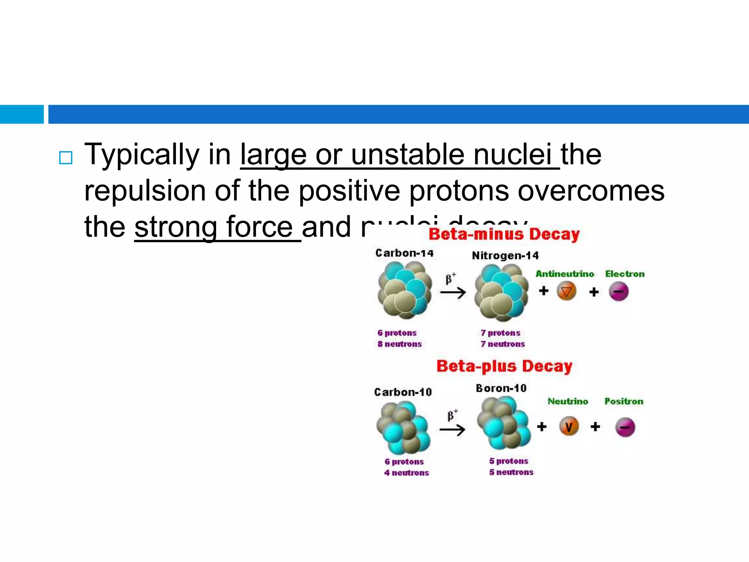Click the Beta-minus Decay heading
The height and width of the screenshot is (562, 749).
[x=504, y=235]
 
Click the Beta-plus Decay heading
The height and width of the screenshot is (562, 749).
[x=504, y=366]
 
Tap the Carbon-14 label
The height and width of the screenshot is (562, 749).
[x=404, y=253]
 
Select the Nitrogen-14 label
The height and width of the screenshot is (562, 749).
[x=505, y=255]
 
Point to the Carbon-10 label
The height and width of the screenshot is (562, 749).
[x=403, y=392]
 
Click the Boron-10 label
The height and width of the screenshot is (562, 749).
[x=501, y=388]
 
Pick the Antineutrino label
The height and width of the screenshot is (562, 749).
[x=564, y=274]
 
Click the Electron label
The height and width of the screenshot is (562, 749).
[x=625, y=274]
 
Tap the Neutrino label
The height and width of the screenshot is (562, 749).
[x=568, y=401]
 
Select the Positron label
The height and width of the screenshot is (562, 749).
[x=624, y=401]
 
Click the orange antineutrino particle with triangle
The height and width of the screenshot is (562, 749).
[x=567, y=292]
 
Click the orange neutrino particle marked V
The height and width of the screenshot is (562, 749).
[x=569, y=427]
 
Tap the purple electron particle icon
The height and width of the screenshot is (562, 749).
[x=618, y=292]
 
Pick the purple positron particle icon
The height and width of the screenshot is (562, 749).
[x=625, y=427]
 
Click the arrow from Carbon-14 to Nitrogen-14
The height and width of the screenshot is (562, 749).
[x=453, y=292]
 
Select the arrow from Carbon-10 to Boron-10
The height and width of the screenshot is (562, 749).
[x=452, y=430]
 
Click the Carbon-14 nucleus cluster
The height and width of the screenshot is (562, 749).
[x=405, y=291]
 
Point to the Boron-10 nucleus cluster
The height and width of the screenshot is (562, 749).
[x=504, y=423]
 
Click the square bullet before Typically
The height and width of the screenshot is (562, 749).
[x=66, y=158]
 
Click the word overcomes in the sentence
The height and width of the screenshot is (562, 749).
[x=591, y=191]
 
